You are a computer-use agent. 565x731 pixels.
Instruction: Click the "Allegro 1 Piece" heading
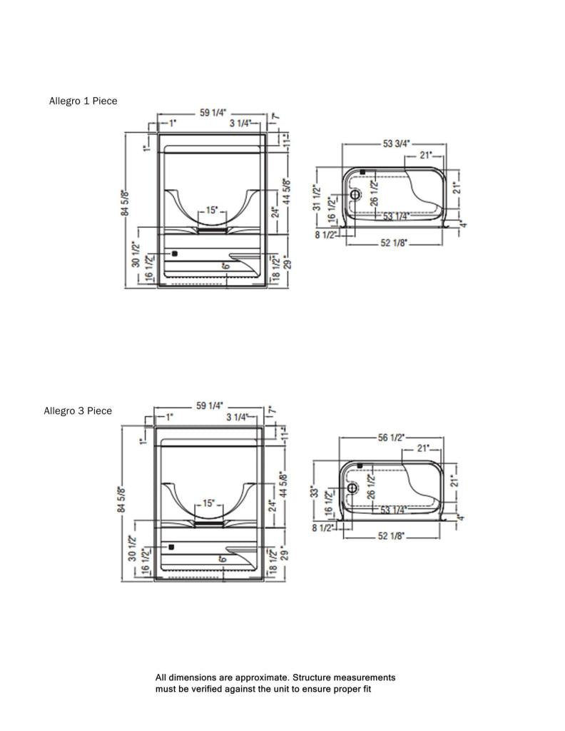[83, 101]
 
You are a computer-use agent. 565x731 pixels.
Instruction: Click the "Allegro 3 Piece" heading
[78, 410]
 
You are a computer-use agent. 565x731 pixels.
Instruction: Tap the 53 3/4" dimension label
[397, 143]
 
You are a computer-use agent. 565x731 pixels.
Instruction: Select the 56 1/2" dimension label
[391, 438]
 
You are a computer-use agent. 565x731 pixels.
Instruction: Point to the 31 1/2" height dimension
[317, 198]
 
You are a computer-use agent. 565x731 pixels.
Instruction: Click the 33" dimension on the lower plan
[316, 492]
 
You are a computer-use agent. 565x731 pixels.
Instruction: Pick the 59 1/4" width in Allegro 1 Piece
[213, 113]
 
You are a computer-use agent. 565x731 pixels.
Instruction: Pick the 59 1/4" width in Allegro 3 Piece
[210, 405]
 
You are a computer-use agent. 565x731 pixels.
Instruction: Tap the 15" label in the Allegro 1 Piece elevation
[211, 211]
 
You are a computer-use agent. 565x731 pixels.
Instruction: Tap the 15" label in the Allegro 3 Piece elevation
[209, 503]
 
